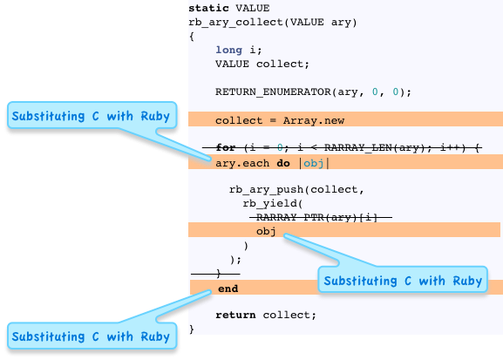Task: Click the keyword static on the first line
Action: point(208,8)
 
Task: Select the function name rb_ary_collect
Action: point(235,23)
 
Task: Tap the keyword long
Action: point(228,50)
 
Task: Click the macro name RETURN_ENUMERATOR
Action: point(273,92)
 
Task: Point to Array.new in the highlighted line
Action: point(314,120)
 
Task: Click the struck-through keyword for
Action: point(226,147)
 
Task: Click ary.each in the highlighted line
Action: point(242,163)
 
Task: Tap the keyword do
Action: point(283,163)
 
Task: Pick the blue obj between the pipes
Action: point(314,163)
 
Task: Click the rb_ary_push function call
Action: point(266,190)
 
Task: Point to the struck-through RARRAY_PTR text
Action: point(290,218)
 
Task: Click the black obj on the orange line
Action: point(266,231)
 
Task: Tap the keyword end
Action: point(228,289)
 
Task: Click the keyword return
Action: point(235,315)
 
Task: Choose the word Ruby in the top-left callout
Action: point(155,116)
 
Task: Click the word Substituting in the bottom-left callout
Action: point(48,336)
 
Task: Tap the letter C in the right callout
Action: point(408,281)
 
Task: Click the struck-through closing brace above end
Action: point(219,274)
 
